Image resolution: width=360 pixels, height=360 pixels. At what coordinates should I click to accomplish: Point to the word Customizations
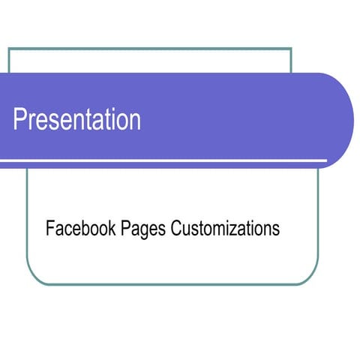[x=225, y=228]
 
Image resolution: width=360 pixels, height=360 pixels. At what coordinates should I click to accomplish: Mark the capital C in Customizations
[x=177, y=228]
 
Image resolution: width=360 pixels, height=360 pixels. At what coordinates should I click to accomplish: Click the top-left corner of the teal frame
[x=9, y=49]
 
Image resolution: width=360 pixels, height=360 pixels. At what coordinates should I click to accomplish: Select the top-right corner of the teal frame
[x=291, y=49]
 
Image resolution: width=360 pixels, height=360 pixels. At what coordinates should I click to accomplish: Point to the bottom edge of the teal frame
[x=172, y=284]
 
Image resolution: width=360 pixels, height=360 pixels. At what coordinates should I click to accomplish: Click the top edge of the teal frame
[x=150, y=49]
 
